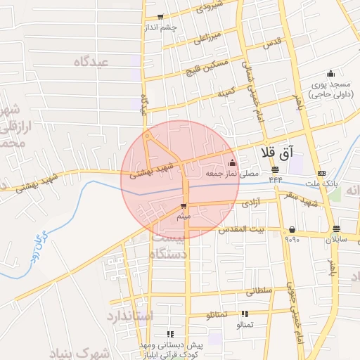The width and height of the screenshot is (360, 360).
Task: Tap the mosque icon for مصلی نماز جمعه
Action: (232, 164)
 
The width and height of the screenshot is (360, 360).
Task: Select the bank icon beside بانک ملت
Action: (321, 173)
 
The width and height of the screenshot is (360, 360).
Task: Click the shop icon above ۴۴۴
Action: (274, 170)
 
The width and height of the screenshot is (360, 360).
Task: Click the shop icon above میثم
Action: (184, 207)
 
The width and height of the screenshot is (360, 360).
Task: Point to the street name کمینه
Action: (227, 91)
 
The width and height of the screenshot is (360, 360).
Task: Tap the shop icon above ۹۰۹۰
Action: (292, 229)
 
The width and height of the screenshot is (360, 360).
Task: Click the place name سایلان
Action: (336, 240)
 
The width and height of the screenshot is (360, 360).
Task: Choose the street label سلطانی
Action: (257, 289)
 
